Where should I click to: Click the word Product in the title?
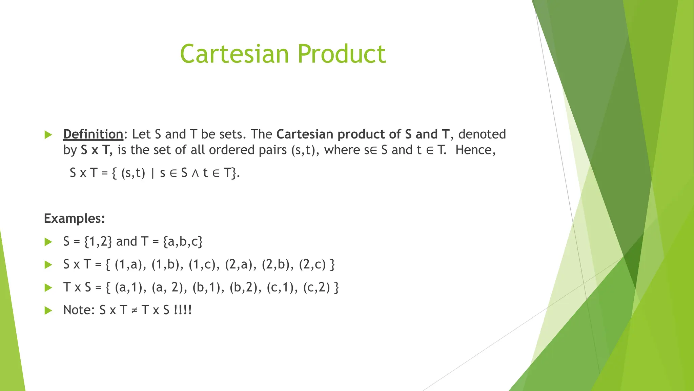[342, 54]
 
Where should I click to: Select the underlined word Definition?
[93, 134]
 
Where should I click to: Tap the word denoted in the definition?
[482, 134]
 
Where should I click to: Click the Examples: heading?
[75, 219]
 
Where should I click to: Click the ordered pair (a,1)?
[128, 287]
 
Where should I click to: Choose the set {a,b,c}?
[183, 242]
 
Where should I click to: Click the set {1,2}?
[98, 242]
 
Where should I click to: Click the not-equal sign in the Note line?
[134, 311]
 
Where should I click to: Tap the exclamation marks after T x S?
[183, 310]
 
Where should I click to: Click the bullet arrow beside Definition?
[48, 135]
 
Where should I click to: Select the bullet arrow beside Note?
[48, 310]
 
